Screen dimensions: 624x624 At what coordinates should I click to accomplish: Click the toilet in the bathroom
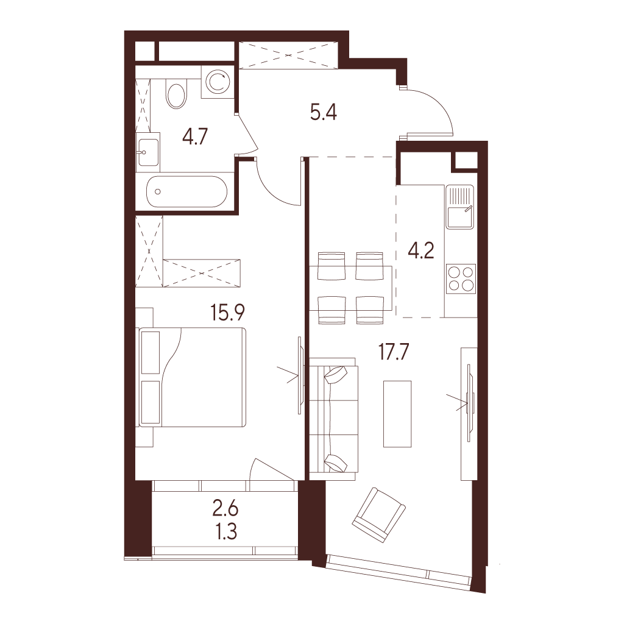(176, 94)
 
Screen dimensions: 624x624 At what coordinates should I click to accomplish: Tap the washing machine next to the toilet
(217, 82)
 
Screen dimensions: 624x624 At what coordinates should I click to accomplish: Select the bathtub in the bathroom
(186, 191)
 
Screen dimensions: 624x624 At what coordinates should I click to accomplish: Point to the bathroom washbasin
(147, 152)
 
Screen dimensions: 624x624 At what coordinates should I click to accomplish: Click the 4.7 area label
(195, 137)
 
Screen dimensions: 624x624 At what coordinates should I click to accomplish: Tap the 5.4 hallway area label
(324, 113)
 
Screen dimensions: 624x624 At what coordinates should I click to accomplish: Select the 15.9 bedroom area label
(228, 313)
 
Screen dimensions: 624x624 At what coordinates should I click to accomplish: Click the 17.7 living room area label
(394, 353)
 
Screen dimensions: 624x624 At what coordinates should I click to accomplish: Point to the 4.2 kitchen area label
(421, 252)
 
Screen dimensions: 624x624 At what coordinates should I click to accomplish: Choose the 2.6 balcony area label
(225, 509)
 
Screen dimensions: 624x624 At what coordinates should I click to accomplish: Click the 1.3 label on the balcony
(226, 531)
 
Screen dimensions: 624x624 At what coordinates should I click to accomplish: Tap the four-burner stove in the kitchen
(461, 278)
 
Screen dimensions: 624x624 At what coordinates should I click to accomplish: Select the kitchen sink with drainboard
(460, 207)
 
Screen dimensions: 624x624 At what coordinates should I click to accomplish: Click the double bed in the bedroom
(191, 377)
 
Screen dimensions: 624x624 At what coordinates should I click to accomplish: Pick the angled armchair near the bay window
(379, 514)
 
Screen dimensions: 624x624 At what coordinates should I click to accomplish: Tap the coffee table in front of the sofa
(397, 414)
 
